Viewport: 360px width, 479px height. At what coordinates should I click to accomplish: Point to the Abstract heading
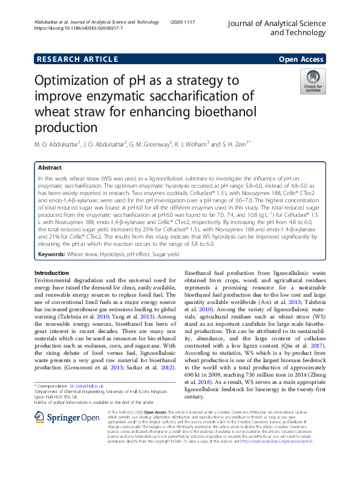(x=50, y=168)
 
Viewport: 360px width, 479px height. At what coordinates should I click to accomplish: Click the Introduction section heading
(x=52, y=273)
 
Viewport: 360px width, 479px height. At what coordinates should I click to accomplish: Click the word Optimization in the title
(x=74, y=81)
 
